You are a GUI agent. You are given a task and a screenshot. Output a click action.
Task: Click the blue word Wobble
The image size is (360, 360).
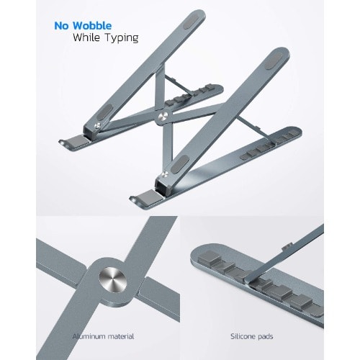[92, 26]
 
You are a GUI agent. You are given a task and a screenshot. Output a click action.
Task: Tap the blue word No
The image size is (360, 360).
[61, 26]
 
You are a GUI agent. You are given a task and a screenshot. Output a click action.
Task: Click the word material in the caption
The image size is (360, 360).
[121, 336]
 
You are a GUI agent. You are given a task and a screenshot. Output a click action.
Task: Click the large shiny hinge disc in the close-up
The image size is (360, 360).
[113, 281]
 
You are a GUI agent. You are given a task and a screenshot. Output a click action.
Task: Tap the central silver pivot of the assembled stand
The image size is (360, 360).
[164, 117]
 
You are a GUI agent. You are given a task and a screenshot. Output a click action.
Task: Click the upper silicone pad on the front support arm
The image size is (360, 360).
[274, 61]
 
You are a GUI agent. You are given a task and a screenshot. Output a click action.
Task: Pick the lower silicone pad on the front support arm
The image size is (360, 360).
[179, 164]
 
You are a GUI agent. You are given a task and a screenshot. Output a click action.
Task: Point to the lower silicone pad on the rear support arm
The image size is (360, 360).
[105, 112]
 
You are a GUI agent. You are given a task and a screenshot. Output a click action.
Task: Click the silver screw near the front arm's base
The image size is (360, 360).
[164, 174]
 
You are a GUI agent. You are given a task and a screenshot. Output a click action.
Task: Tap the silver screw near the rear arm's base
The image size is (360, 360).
[98, 125]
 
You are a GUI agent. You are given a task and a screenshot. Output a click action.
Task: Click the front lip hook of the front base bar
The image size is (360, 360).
[133, 199]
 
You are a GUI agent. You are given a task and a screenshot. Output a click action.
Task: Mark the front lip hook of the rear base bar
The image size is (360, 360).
[63, 143]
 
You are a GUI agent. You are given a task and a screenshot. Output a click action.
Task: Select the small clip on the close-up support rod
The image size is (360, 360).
[287, 246]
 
